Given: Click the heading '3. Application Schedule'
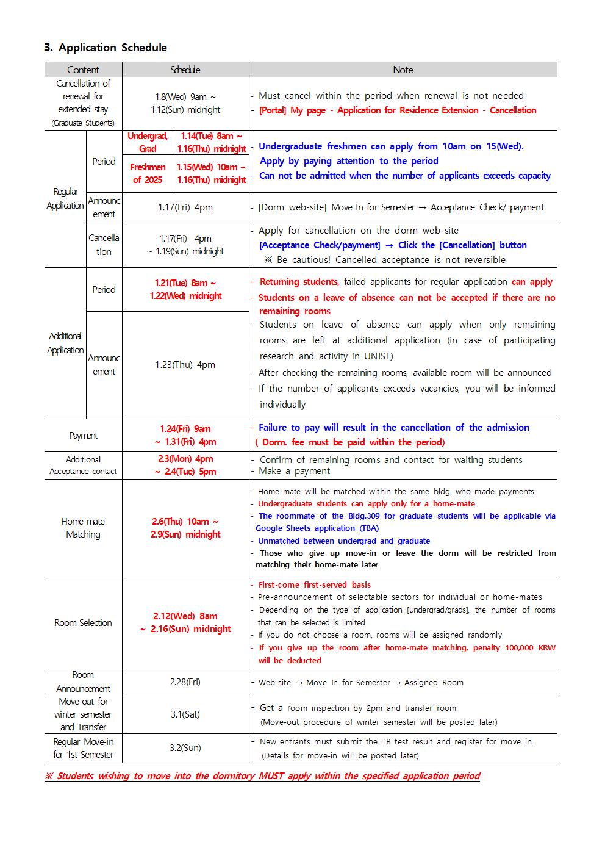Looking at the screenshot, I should tap(105, 48).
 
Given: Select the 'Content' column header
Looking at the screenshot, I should tap(83, 70).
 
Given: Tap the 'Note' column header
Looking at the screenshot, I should tap(403, 70).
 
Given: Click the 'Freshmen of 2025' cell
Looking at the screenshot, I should tap(148, 173).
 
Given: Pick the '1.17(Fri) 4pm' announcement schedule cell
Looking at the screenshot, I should tap(185, 207).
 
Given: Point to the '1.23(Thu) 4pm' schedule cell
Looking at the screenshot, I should tap(185, 365).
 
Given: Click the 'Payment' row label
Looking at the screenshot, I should tap(83, 436).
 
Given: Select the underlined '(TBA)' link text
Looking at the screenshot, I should tap(369, 528).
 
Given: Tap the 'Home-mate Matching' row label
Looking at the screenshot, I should tap(83, 528).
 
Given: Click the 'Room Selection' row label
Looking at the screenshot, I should tap(83, 623).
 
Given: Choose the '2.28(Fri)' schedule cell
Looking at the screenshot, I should tap(185, 682).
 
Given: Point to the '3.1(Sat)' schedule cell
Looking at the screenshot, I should tap(185, 714).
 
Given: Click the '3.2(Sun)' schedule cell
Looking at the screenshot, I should tap(185, 748).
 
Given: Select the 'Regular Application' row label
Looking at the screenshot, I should tap(65, 199).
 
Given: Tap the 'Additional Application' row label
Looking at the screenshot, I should tap(65, 343).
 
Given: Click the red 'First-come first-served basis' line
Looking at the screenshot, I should tap(314, 584).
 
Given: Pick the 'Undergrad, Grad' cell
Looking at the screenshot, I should tap(148, 142).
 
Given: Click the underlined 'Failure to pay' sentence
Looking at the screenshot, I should tap(393, 428).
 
